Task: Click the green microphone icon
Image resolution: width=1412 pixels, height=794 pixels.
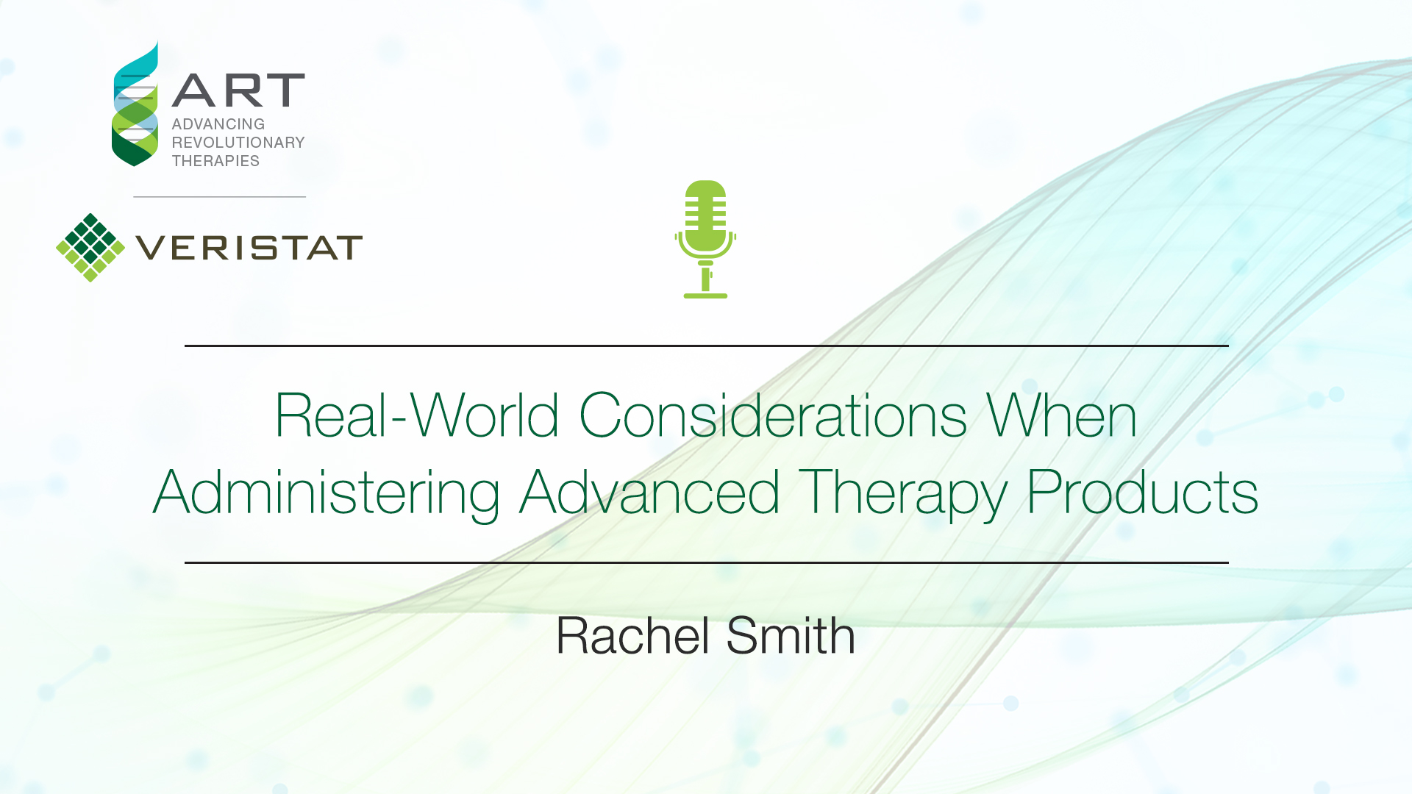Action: click(705, 239)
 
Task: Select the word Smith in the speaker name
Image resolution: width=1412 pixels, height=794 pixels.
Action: click(791, 635)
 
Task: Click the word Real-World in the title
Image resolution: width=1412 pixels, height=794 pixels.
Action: click(416, 415)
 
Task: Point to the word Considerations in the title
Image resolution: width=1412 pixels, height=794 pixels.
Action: click(773, 415)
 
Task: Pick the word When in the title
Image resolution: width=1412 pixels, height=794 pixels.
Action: click(1062, 415)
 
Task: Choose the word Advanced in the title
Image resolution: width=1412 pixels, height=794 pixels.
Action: click(650, 492)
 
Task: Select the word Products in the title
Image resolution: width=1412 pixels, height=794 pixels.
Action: click(1142, 492)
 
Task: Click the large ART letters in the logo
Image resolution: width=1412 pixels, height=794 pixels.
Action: click(238, 90)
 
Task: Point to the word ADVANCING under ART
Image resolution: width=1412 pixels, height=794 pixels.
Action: click(218, 124)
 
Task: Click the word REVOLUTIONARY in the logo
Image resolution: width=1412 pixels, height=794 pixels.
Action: click(238, 143)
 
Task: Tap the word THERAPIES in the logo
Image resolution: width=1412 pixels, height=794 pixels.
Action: click(215, 161)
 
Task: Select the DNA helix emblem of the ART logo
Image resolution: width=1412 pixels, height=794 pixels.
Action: click(135, 104)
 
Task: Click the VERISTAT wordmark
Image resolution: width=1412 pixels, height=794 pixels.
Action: click(249, 248)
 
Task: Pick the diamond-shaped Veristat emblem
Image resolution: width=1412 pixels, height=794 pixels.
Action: click(90, 248)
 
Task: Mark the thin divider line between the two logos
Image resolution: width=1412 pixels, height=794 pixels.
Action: click(219, 196)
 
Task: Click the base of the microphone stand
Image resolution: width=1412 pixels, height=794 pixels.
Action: click(705, 296)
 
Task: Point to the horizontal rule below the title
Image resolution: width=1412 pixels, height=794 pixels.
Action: click(706, 562)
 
